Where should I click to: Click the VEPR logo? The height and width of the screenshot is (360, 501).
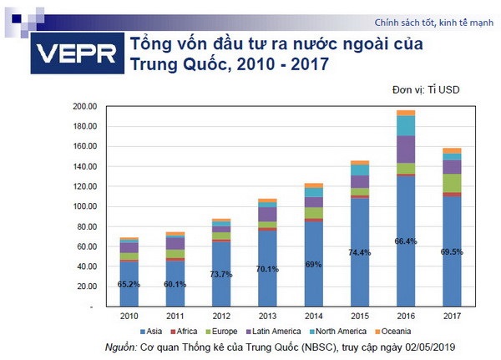pyautogui.click(x=76, y=56)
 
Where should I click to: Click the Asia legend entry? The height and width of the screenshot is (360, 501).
pyautogui.click(x=151, y=332)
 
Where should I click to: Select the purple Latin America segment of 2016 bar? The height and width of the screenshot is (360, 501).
pyautogui.click(x=406, y=149)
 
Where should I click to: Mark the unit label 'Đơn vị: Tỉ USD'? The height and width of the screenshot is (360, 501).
pyautogui.click(x=426, y=89)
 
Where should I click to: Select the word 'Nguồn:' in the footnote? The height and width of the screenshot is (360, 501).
pyautogui.click(x=122, y=347)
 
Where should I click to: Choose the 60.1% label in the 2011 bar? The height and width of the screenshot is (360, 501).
pyautogui.click(x=175, y=283)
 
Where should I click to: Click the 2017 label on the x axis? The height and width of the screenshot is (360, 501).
pyautogui.click(x=452, y=317)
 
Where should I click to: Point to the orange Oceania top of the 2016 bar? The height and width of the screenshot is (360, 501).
pyautogui.click(x=406, y=113)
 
